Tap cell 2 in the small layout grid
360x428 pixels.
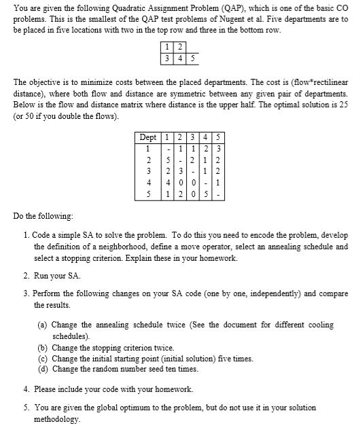[179, 47]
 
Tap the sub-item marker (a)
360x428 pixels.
[41, 325]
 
